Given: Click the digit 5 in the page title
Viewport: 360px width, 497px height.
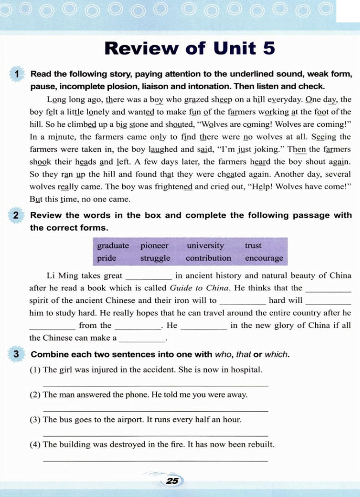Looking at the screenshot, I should coord(269,48).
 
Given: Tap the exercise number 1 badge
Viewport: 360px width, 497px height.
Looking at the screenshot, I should coord(16,74).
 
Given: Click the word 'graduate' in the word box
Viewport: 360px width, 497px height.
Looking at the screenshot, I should coord(113,246).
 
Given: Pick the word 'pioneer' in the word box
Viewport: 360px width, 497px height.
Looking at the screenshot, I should coord(154,246).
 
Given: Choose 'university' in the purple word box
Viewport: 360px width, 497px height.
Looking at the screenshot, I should coord(205,246).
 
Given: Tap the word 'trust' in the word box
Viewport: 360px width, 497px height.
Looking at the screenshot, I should coord(253,246).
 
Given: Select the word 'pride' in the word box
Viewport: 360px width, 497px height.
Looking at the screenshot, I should coord(107,258).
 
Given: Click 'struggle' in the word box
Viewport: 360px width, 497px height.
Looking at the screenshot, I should coord(155,258).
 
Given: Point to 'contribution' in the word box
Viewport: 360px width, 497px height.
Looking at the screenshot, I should coord(208,258).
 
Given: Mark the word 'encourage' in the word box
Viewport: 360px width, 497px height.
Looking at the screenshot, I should coord(264,258).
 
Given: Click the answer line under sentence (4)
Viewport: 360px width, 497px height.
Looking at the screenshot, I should coord(155,460).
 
